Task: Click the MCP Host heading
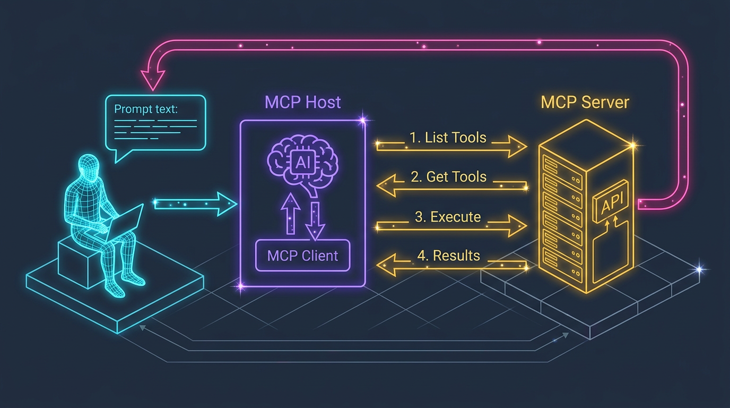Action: [x=302, y=102]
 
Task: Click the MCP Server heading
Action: [x=585, y=102]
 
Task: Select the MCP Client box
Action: [x=302, y=256]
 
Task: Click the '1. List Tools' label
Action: [x=448, y=138]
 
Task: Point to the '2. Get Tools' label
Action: [x=449, y=177]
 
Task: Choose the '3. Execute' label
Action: [x=448, y=217]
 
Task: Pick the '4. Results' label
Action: [x=448, y=256]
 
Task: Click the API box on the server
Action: [x=613, y=201]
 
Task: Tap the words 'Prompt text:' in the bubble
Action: [x=146, y=109]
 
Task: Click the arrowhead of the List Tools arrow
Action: [x=516, y=147]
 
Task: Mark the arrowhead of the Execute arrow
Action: [x=516, y=226]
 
